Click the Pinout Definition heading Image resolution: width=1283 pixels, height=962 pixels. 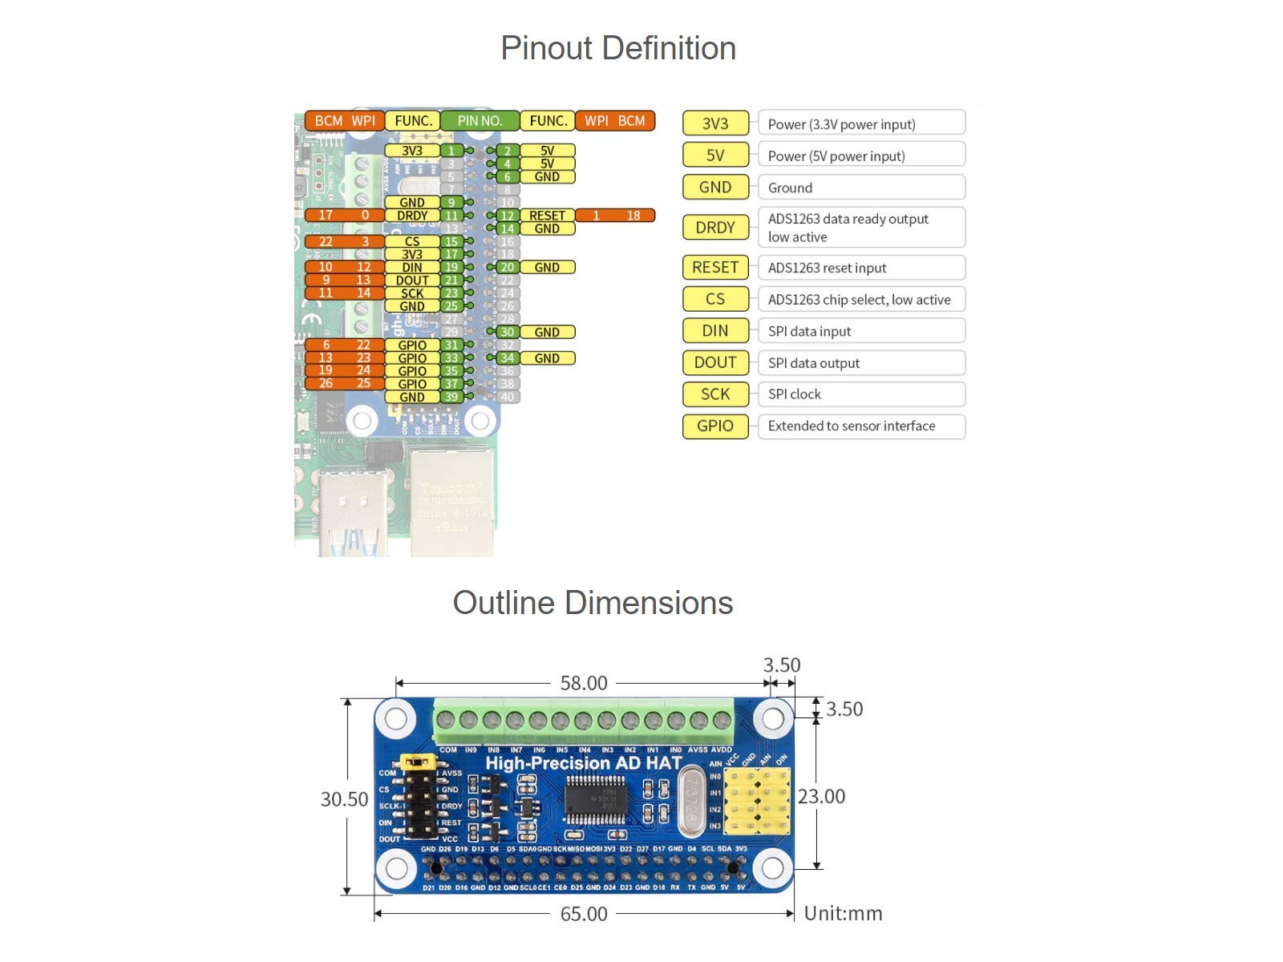pos(618,48)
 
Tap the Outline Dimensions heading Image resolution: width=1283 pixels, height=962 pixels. pos(593,603)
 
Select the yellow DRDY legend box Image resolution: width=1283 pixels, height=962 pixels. pos(715,228)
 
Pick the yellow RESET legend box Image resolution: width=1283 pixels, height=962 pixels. pos(715,267)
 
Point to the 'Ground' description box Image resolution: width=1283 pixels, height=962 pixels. pos(861,188)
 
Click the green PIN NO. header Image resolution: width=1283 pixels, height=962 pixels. pos(480,121)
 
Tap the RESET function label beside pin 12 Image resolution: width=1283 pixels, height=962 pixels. pos(547,216)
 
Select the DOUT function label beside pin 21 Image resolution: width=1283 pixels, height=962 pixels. pos(412,281)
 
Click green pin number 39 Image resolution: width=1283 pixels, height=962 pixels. pos(451,397)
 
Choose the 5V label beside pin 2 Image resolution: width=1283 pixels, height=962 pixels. pos(547,151)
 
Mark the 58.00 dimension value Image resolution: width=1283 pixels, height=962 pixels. pos(584,683)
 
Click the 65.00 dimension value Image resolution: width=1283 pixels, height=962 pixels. pos(584,914)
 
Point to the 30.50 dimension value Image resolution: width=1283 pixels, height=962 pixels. pos(344,799)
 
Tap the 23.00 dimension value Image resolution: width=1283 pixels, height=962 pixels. pos(821,796)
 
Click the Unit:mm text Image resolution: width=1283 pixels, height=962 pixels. pos(843,914)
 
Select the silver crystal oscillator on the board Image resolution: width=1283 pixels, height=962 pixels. pos(691,801)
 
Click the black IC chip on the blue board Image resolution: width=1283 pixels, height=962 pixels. pos(595,798)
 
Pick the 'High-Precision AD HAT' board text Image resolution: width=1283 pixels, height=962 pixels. pos(584,763)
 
